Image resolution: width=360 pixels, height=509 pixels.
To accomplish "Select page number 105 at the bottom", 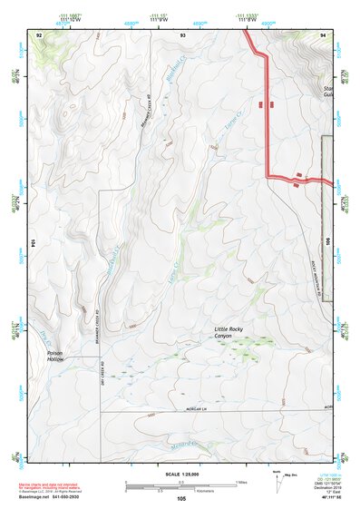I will pos(181,499).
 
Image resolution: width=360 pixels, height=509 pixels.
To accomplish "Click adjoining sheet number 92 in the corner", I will pos(39,34).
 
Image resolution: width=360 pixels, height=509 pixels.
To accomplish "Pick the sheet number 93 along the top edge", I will pos(182,34).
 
